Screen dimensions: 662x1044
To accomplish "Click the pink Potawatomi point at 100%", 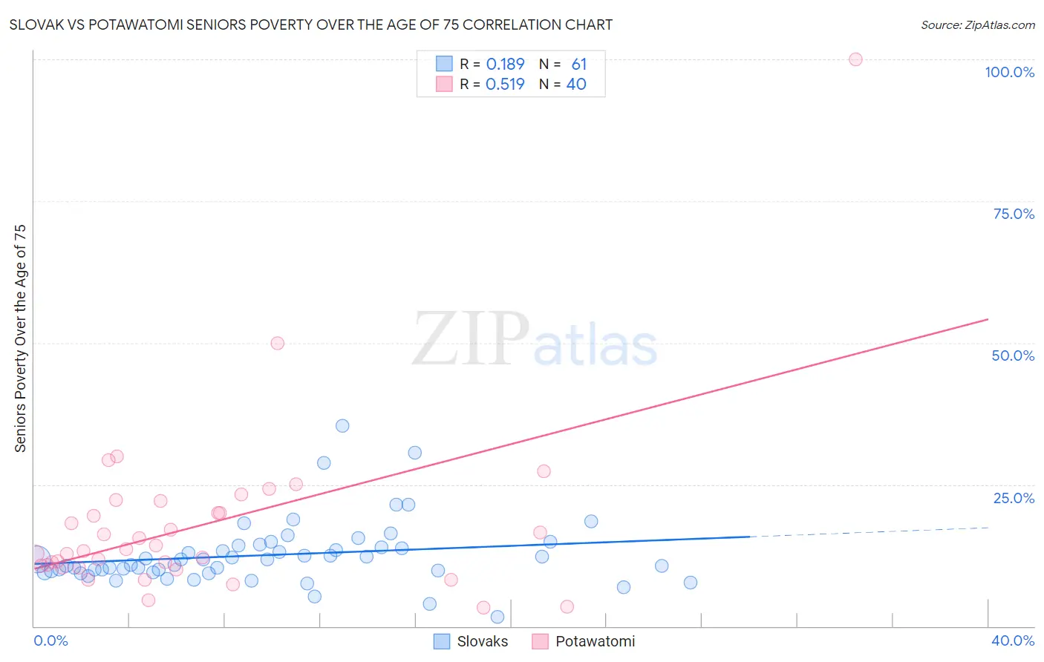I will click(x=855, y=59).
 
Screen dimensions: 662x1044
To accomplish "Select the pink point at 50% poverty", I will click(x=277, y=343).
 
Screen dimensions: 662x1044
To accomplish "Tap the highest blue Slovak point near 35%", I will click(x=342, y=426).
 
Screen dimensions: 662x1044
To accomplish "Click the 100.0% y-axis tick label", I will click(x=1009, y=72).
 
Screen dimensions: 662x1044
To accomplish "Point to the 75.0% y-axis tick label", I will click(x=1014, y=214).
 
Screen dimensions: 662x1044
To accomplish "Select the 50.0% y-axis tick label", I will click(x=1013, y=355).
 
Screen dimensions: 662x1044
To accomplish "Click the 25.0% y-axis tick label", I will click(x=1014, y=497).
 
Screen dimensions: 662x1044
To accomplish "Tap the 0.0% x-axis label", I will click(x=50, y=640).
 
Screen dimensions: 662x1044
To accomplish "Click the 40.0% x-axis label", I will click(x=1012, y=640).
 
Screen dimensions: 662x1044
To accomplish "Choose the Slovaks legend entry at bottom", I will click(x=472, y=641).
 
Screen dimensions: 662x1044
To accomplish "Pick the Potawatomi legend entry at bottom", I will click(x=584, y=641).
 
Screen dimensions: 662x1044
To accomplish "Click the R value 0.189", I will click(x=505, y=65).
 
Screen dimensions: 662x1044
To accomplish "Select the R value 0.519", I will click(x=505, y=85).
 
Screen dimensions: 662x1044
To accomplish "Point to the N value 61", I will click(x=578, y=65).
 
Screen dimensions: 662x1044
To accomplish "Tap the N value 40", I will click(x=576, y=85).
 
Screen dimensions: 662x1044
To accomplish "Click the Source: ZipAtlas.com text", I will click(x=977, y=25).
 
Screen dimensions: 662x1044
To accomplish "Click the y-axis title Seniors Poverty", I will click(x=20, y=338).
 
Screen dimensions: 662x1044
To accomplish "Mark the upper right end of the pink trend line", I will click(x=988, y=319).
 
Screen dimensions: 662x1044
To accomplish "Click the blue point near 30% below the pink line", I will click(x=414, y=453).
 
